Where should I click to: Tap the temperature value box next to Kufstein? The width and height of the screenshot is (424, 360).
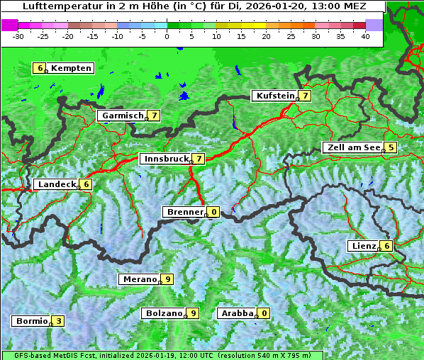click(x=305, y=96)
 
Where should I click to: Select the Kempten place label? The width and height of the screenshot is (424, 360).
click(x=71, y=68)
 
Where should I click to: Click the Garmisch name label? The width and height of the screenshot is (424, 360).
click(x=121, y=116)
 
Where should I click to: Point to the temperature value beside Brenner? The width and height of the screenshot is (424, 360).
click(x=213, y=212)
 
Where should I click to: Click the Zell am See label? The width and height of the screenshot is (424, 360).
click(x=352, y=147)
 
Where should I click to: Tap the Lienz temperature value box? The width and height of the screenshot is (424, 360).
click(x=386, y=246)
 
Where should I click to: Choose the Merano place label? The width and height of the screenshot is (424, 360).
click(x=138, y=279)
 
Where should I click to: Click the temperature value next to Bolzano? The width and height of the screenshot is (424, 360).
click(x=192, y=313)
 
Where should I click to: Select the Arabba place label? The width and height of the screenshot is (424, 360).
click(x=236, y=313)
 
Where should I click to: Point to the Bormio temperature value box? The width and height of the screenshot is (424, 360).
click(x=58, y=321)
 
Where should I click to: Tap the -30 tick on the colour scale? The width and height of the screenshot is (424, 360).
click(x=18, y=36)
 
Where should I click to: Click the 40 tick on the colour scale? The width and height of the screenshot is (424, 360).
click(x=365, y=36)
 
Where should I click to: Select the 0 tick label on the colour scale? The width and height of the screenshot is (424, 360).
click(x=167, y=36)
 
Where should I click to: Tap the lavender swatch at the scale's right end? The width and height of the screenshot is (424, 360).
click(x=374, y=25)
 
